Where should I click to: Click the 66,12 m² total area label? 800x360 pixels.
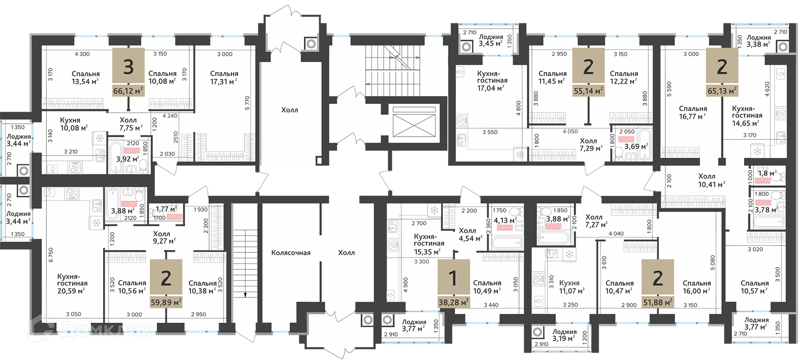click(x=129, y=91)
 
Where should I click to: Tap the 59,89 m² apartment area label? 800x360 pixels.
click(x=166, y=302)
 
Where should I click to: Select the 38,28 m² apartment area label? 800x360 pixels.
click(x=454, y=302)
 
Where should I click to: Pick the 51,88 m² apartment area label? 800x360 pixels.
click(x=658, y=302)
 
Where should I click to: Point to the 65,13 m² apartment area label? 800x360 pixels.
click(x=722, y=91)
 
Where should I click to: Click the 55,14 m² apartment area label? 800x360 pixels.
click(x=589, y=91)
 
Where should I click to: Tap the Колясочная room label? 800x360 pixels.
click(x=291, y=252)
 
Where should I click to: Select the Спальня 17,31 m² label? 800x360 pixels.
click(x=224, y=77)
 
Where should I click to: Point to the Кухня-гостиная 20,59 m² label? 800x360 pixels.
click(x=72, y=283)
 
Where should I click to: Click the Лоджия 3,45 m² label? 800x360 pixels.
click(x=491, y=40)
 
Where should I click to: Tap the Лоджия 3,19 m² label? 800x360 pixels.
click(x=565, y=335)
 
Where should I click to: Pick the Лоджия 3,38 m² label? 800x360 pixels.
click(x=759, y=41)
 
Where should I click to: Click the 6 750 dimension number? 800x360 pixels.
click(x=51, y=255)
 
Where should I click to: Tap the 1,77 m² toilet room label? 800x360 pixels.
click(x=166, y=209)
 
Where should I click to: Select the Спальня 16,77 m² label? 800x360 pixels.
click(x=693, y=113)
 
